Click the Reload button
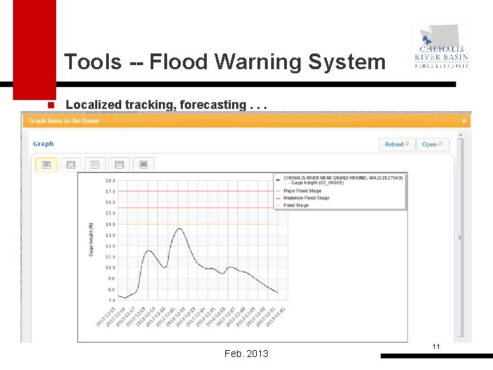397,145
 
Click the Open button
432,145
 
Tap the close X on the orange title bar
464,121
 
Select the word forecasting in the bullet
214,105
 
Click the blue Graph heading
43,144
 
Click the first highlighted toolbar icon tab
47,164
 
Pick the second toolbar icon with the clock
71,164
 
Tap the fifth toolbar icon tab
143,164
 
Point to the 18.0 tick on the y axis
110,181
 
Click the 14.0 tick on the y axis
110,224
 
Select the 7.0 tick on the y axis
110,300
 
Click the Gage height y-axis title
90,240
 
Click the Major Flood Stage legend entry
302,191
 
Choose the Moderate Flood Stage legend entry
306,198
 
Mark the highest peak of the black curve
179,229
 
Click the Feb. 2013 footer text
246,354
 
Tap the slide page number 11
435,348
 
